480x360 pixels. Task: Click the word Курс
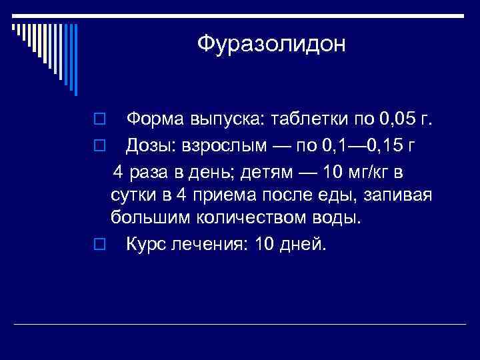pos(147,244)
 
